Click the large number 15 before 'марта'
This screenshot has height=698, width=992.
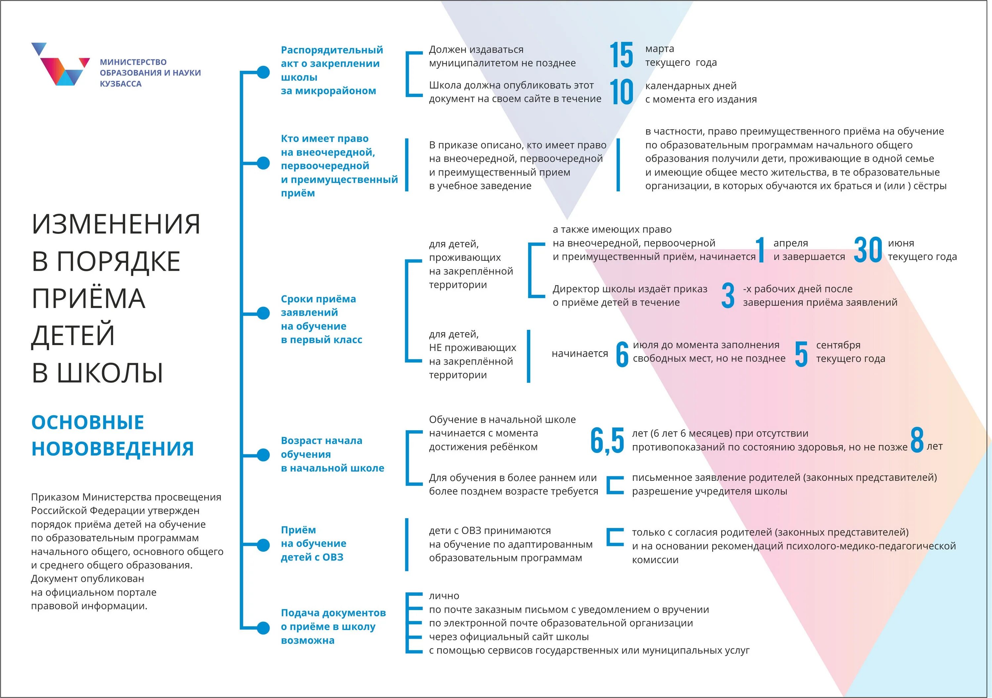click(621, 55)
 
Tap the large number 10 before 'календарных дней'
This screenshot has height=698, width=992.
click(621, 92)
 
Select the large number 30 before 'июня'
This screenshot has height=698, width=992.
click(868, 250)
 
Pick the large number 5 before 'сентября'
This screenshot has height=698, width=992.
click(801, 354)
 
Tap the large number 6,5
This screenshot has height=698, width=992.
click(607, 441)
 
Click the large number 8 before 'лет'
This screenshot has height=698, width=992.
click(917, 440)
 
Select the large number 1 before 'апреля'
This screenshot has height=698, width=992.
click(761, 250)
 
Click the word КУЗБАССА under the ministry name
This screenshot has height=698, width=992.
click(121, 84)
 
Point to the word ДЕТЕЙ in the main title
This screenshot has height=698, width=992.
click(73, 335)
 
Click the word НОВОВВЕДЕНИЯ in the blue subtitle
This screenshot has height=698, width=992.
click(112, 449)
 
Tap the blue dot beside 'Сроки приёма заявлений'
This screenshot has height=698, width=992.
click(263, 313)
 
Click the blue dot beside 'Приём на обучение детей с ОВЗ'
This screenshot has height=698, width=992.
click(263, 545)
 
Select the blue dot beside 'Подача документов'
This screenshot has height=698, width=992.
click(263, 628)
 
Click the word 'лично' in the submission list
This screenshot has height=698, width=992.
click(444, 596)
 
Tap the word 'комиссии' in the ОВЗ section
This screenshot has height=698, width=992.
click(655, 560)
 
